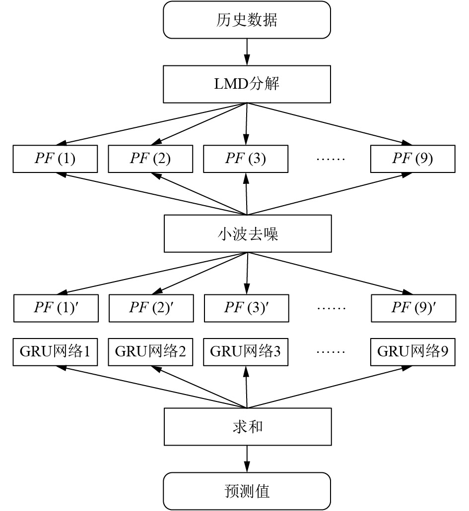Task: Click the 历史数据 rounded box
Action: [247, 20]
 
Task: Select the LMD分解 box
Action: [247, 84]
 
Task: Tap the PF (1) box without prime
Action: [55, 159]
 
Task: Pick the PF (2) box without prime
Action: [150, 159]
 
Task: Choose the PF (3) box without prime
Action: [246, 159]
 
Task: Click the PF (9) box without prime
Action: [413, 159]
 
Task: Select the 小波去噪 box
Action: [248, 233]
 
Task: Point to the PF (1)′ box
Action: [56, 308]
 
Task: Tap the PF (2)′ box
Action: [151, 308]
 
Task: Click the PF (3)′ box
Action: [247, 308]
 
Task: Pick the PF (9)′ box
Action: [413, 308]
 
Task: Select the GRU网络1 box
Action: [55, 352]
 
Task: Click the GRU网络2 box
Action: [150, 352]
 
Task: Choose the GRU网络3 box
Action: [246, 352]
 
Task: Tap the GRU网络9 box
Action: [413, 352]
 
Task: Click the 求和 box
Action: [248, 427]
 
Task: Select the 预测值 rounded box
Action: [247, 491]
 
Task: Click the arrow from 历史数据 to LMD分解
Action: [247, 52]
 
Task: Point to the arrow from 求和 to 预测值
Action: [247, 459]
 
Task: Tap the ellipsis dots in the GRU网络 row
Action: [331, 352]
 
